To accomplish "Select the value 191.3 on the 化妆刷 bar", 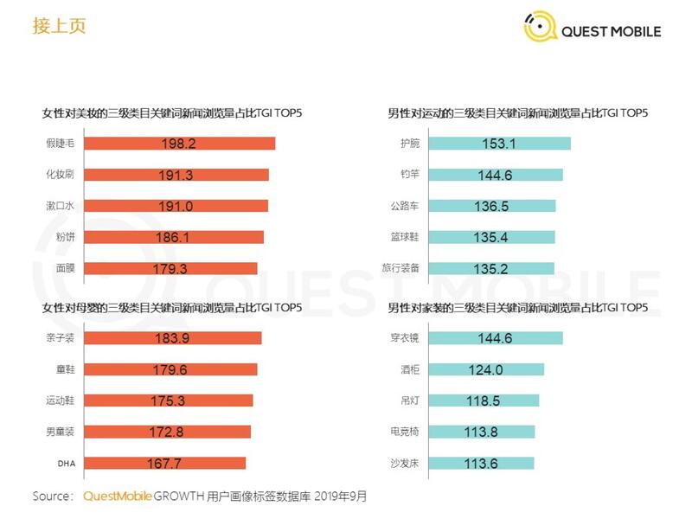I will (x=178, y=175).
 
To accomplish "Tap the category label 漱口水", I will (x=60, y=206).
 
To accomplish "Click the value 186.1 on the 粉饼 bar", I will (x=178, y=237).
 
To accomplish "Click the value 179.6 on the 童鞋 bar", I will (x=178, y=369).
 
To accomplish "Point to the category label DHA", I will (x=67, y=463).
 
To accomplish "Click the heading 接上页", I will (x=60, y=25).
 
